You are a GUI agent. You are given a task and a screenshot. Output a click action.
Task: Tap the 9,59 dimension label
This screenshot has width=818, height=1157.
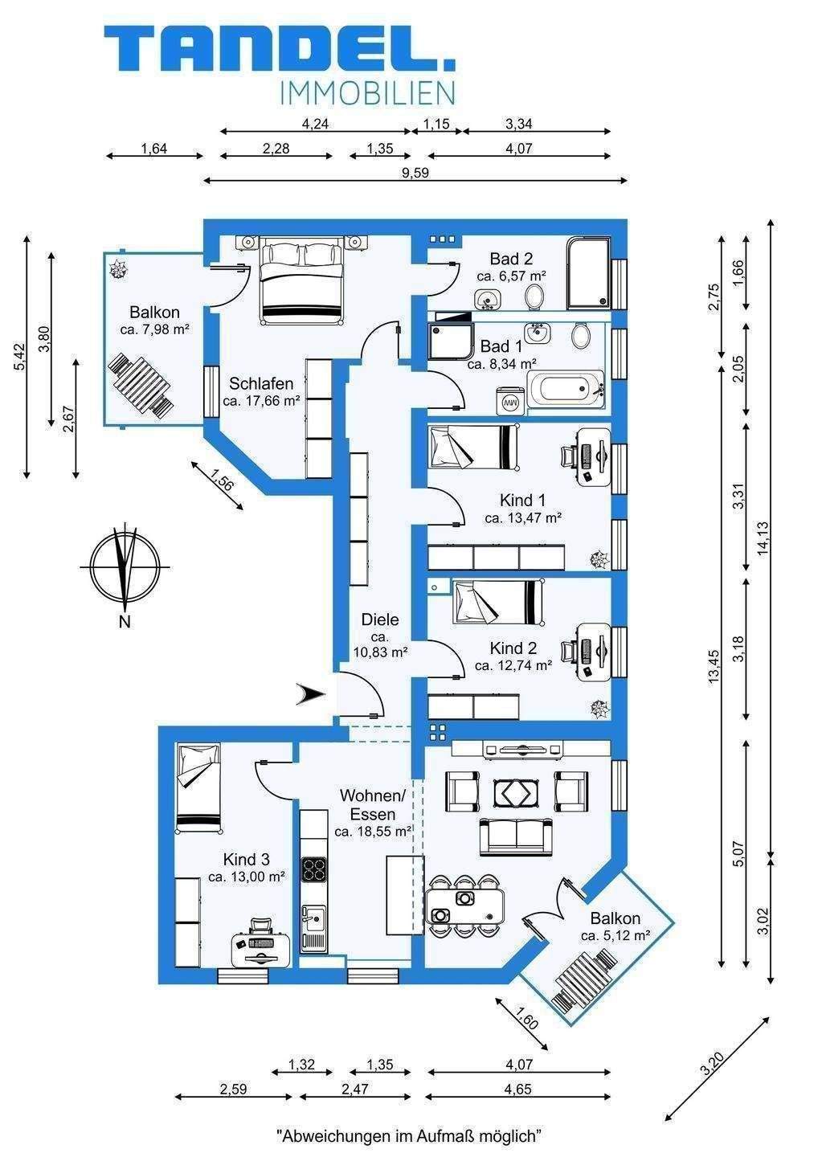[x=415, y=173]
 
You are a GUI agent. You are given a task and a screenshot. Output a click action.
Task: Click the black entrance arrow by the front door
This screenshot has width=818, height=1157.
[x=310, y=693]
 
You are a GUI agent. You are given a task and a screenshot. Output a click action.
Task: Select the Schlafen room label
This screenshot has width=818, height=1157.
[x=261, y=383]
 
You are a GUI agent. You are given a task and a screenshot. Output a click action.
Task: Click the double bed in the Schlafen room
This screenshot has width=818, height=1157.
[x=302, y=280]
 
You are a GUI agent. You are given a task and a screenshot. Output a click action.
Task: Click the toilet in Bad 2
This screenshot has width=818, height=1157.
[x=534, y=297]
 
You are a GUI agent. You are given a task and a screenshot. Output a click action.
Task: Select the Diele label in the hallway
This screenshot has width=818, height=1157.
[x=379, y=619]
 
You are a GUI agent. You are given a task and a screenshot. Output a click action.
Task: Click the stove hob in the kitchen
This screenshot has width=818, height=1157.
[x=313, y=869]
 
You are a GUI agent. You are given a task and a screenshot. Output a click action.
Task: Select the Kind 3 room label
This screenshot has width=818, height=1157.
[x=247, y=859]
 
